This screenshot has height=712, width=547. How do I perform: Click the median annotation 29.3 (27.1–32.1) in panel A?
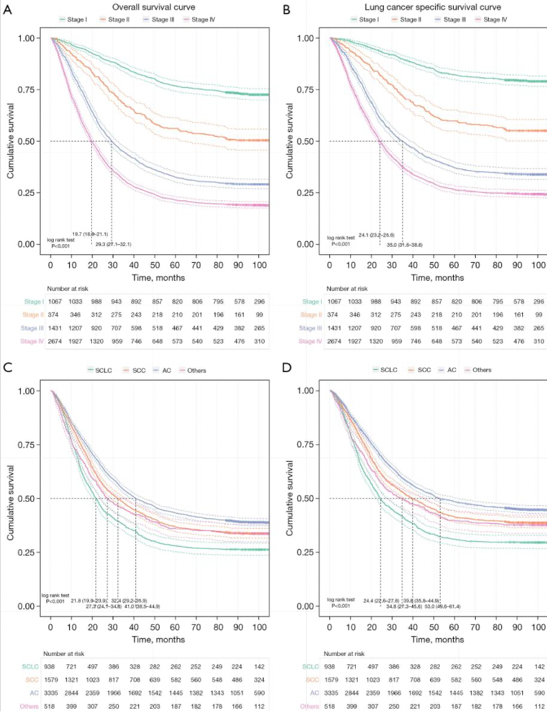point(113,245)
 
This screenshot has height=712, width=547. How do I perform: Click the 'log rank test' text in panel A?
point(60,240)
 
